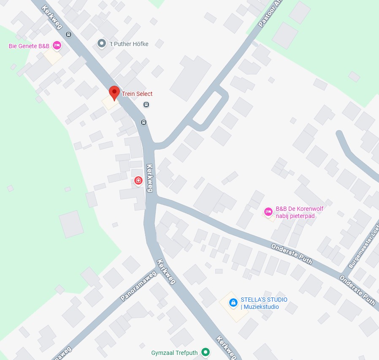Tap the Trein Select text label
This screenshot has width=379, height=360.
[x=137, y=94]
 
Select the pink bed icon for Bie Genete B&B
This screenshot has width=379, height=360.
[x=57, y=46]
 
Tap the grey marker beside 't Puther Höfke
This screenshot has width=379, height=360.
[x=101, y=43]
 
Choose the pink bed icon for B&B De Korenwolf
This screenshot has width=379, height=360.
[x=268, y=212]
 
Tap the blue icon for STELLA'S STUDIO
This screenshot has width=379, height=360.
[x=233, y=303]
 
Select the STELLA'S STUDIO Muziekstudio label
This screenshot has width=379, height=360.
[x=264, y=303]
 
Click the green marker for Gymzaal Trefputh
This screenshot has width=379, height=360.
[x=206, y=352]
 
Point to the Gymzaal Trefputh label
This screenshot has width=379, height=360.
[x=175, y=352]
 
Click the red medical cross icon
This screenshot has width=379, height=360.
[x=138, y=181]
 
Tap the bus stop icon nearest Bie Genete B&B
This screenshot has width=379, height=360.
[x=68, y=34]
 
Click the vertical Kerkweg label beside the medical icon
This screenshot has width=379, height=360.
[x=149, y=178]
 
